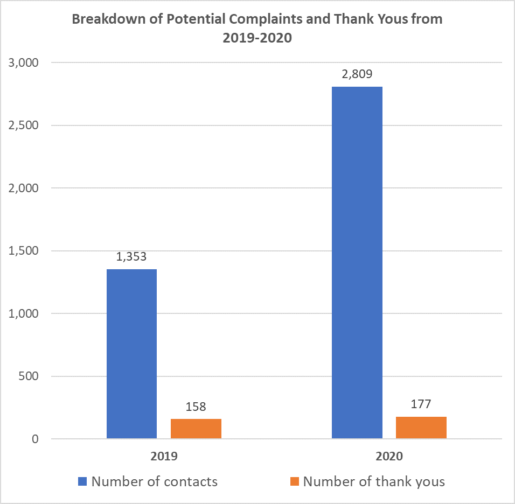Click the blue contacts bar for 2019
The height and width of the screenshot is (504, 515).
point(131,354)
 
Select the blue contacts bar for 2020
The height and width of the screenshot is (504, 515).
point(357,262)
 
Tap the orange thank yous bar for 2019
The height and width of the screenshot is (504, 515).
point(196,429)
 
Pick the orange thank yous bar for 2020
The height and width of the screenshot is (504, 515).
point(421,428)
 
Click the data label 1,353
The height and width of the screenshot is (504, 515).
point(131,257)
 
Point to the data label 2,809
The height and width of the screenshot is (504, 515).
point(357,74)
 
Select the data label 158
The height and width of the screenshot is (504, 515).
point(196,407)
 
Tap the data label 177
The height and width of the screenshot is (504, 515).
point(421,404)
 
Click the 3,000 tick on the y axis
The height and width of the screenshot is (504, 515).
point(24,62)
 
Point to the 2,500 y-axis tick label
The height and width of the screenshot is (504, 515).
point(24,125)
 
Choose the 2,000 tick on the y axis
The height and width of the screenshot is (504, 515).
point(24,188)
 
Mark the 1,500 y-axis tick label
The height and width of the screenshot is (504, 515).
point(24,251)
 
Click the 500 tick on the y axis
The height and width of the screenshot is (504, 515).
point(29,376)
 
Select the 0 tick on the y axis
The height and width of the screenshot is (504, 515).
point(35,439)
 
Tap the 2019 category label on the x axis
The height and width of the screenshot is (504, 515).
point(164,456)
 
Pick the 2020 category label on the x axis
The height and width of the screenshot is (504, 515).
point(389,456)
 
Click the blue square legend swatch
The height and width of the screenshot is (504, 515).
point(82,481)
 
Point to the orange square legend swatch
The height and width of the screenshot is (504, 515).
point(294,481)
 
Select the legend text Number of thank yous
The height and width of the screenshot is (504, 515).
point(374,481)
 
